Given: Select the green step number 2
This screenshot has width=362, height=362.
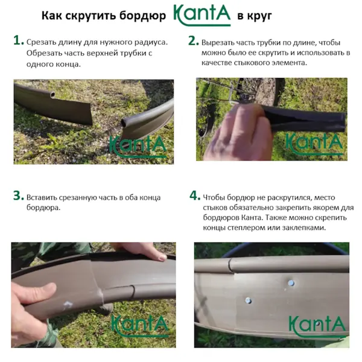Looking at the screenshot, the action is tap(194, 40).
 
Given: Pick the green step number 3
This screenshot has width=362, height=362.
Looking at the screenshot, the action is tap(19, 195).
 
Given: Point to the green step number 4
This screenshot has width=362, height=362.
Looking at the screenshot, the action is tap(195, 195).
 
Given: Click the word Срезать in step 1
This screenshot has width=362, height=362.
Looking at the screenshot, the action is tap(41, 42).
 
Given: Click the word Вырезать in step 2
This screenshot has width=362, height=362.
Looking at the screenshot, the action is tap(217, 43).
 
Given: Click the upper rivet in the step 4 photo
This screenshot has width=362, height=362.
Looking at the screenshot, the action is tap(291, 282).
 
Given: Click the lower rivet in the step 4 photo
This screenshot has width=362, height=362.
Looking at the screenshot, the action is tap(249, 300).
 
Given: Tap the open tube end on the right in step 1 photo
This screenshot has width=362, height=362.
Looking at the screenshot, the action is tap(125, 122).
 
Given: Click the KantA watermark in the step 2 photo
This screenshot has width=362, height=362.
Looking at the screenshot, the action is tap(314, 144).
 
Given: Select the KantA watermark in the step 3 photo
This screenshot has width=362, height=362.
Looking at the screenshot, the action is tap(140, 326).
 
